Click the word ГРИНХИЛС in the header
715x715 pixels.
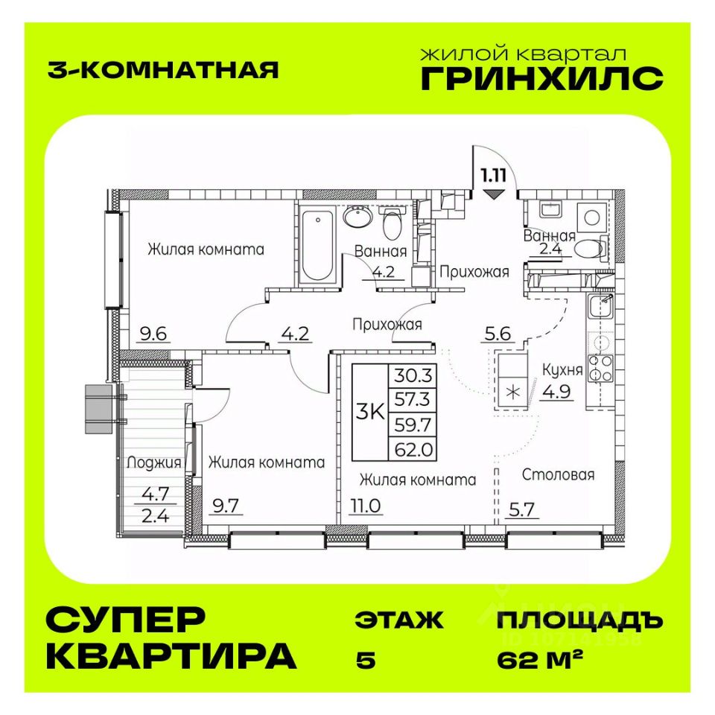541,78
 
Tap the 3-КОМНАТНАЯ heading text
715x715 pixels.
162,69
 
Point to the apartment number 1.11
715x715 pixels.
492,176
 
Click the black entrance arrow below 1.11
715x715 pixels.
492,195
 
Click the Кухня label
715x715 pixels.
558,370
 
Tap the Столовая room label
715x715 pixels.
558,474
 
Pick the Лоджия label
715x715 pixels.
154,463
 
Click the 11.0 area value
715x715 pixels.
364,507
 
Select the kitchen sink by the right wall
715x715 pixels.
601,307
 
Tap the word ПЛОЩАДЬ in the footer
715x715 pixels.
578,620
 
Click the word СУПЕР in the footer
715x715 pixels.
125,620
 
